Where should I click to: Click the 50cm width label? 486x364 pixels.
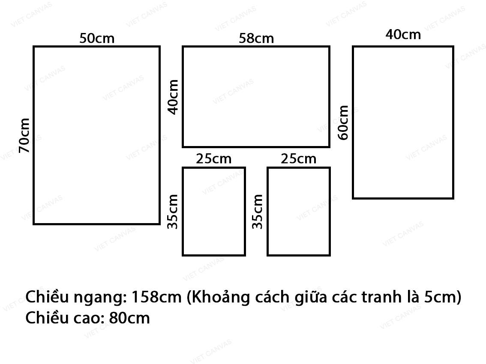pyautogui.click(x=97, y=39)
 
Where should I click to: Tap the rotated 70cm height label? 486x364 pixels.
pyautogui.click(x=24, y=135)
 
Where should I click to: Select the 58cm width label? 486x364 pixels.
pyautogui.click(x=256, y=39)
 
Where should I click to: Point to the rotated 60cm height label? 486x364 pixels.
pyautogui.click(x=343, y=122)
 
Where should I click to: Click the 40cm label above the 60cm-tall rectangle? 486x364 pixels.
pyautogui.click(x=403, y=34)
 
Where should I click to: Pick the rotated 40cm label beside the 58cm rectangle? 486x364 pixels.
pyautogui.click(x=173, y=97)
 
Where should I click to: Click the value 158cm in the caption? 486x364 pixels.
pyautogui.click(x=156, y=297)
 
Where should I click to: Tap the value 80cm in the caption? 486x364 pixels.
pyautogui.click(x=129, y=318)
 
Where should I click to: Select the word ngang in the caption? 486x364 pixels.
pyautogui.click(x=99, y=298)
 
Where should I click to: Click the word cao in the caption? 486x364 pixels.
pyautogui.click(x=89, y=318)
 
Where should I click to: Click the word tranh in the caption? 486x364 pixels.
pyautogui.click(x=381, y=297)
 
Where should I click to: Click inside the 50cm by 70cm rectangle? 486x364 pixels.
pyautogui.click(x=97, y=135)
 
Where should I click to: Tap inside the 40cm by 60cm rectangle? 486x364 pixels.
pyautogui.click(x=403, y=122)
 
